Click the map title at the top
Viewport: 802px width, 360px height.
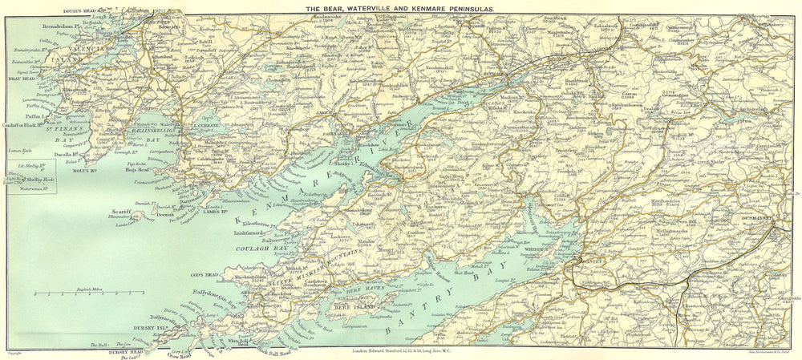[402, 6]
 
